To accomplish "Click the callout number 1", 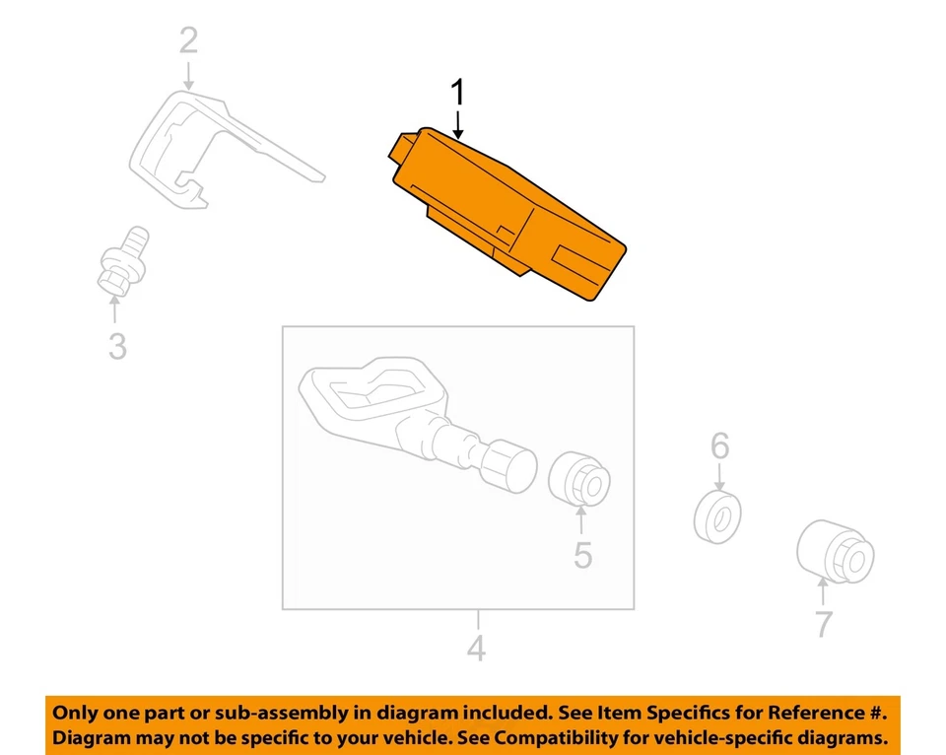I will (456, 94).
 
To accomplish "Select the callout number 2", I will (188, 40).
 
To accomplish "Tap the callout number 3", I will (117, 346).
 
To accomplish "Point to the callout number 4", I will (476, 650).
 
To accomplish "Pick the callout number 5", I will (583, 555).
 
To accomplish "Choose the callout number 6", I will (720, 446).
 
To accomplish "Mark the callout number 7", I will (823, 623).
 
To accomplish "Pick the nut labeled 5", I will (581, 477).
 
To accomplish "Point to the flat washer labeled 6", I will (717, 516).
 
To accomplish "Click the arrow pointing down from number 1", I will (457, 124).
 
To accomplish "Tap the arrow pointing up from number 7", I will (823, 595).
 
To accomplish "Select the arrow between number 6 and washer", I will (720, 477).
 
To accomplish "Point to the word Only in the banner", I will (76, 712).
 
